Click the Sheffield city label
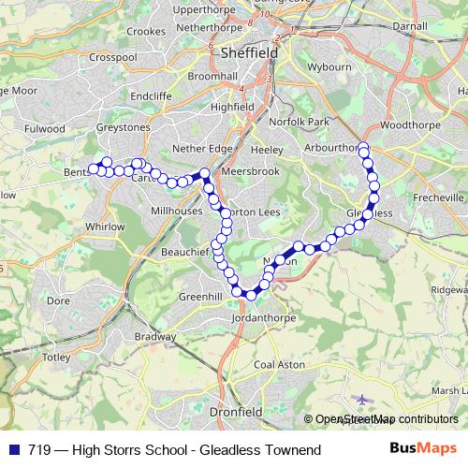pos(249,53)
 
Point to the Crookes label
pos(147,32)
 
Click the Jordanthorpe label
pos(263,319)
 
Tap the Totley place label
pos(56,358)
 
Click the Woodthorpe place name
pos(410,124)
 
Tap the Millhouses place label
pos(176,212)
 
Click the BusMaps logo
pos(423,450)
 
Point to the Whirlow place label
pos(104,227)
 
